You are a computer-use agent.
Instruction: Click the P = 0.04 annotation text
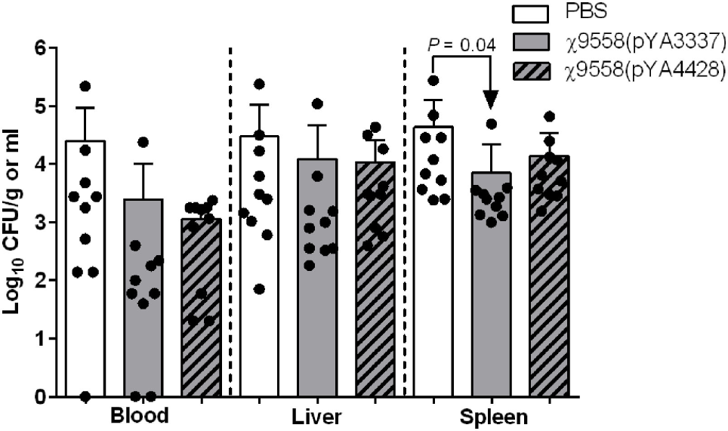click(461, 45)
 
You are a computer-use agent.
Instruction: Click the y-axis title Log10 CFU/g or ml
click(15, 223)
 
